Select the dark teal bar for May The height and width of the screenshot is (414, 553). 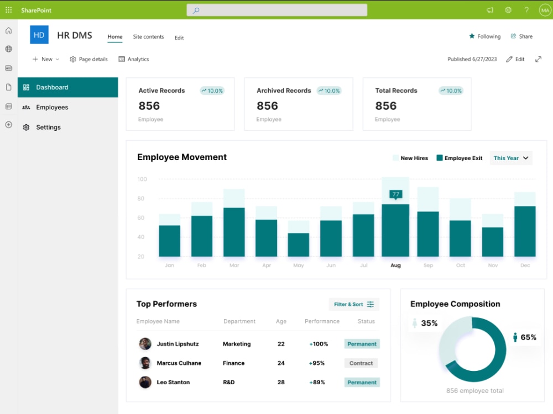(x=299, y=245)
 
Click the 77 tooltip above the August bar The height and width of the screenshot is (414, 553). (x=396, y=195)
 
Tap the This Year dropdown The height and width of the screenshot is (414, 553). (x=510, y=158)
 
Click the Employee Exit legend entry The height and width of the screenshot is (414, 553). (x=459, y=158)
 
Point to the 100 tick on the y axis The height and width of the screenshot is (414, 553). (x=142, y=179)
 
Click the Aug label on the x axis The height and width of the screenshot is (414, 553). (x=396, y=266)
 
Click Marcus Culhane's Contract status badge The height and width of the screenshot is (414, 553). (x=361, y=363)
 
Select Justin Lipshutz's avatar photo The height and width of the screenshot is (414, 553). (x=145, y=343)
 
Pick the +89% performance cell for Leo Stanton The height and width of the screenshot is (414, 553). (x=317, y=383)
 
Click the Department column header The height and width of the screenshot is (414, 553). (x=239, y=321)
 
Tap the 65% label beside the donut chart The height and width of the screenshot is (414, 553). (x=528, y=337)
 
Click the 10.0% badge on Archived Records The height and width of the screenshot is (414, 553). (x=329, y=91)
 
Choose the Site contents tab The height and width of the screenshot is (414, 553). (x=148, y=36)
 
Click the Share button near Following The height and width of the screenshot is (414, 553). (x=521, y=36)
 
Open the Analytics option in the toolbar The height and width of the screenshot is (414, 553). (x=134, y=59)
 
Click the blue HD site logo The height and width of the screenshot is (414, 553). (x=39, y=35)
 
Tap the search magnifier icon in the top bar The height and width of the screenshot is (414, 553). (x=196, y=10)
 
